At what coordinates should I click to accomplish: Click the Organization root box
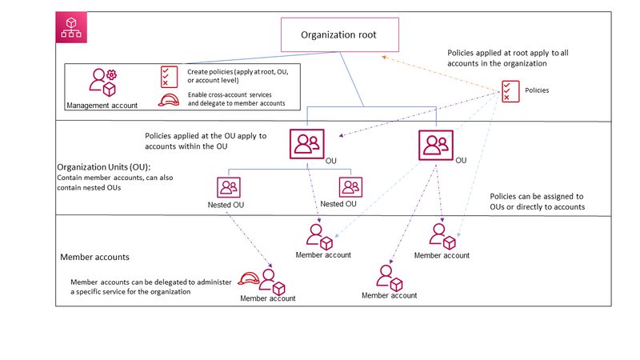338,35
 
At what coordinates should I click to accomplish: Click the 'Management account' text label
102,104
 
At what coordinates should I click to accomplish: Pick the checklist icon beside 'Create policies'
169,77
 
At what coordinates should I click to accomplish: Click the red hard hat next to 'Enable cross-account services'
169,100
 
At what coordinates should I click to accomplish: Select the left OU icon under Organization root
306,145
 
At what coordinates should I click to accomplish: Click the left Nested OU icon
229,187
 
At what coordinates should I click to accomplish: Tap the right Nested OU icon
350,187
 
